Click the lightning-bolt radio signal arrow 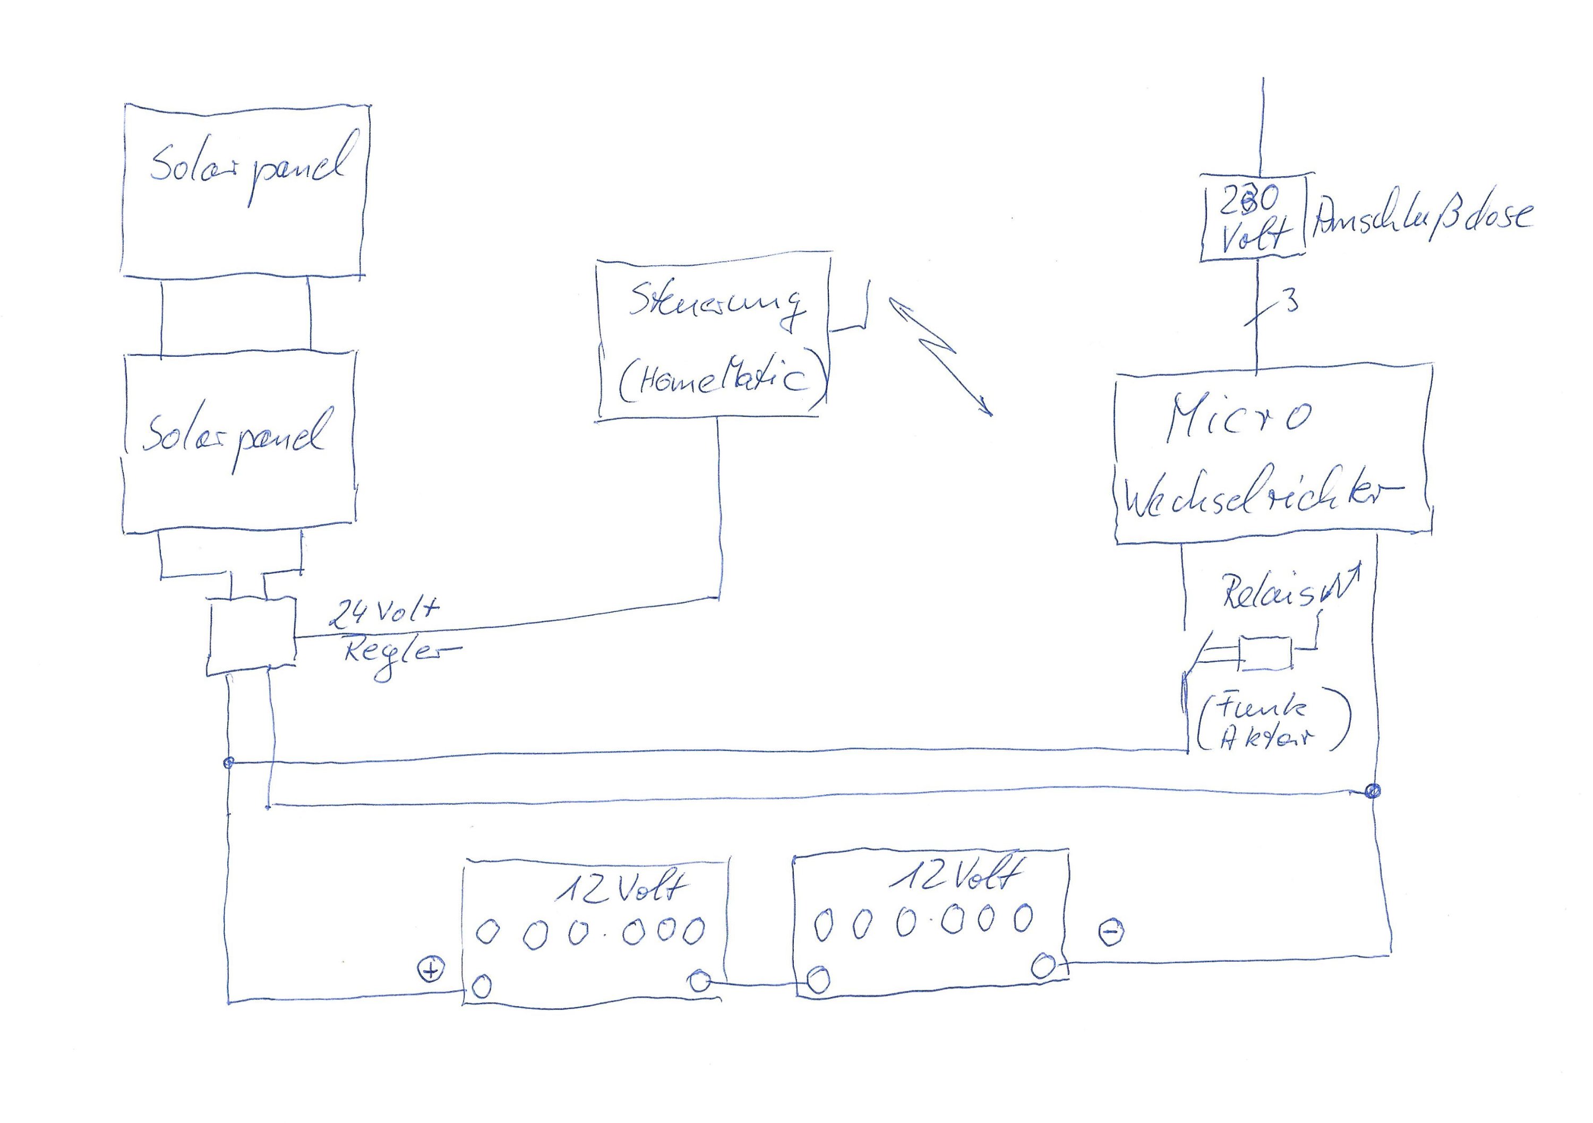[940, 354]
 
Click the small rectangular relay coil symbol [1266, 653]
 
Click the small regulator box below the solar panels [251, 637]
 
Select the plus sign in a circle [431, 970]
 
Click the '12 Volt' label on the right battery [955, 875]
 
